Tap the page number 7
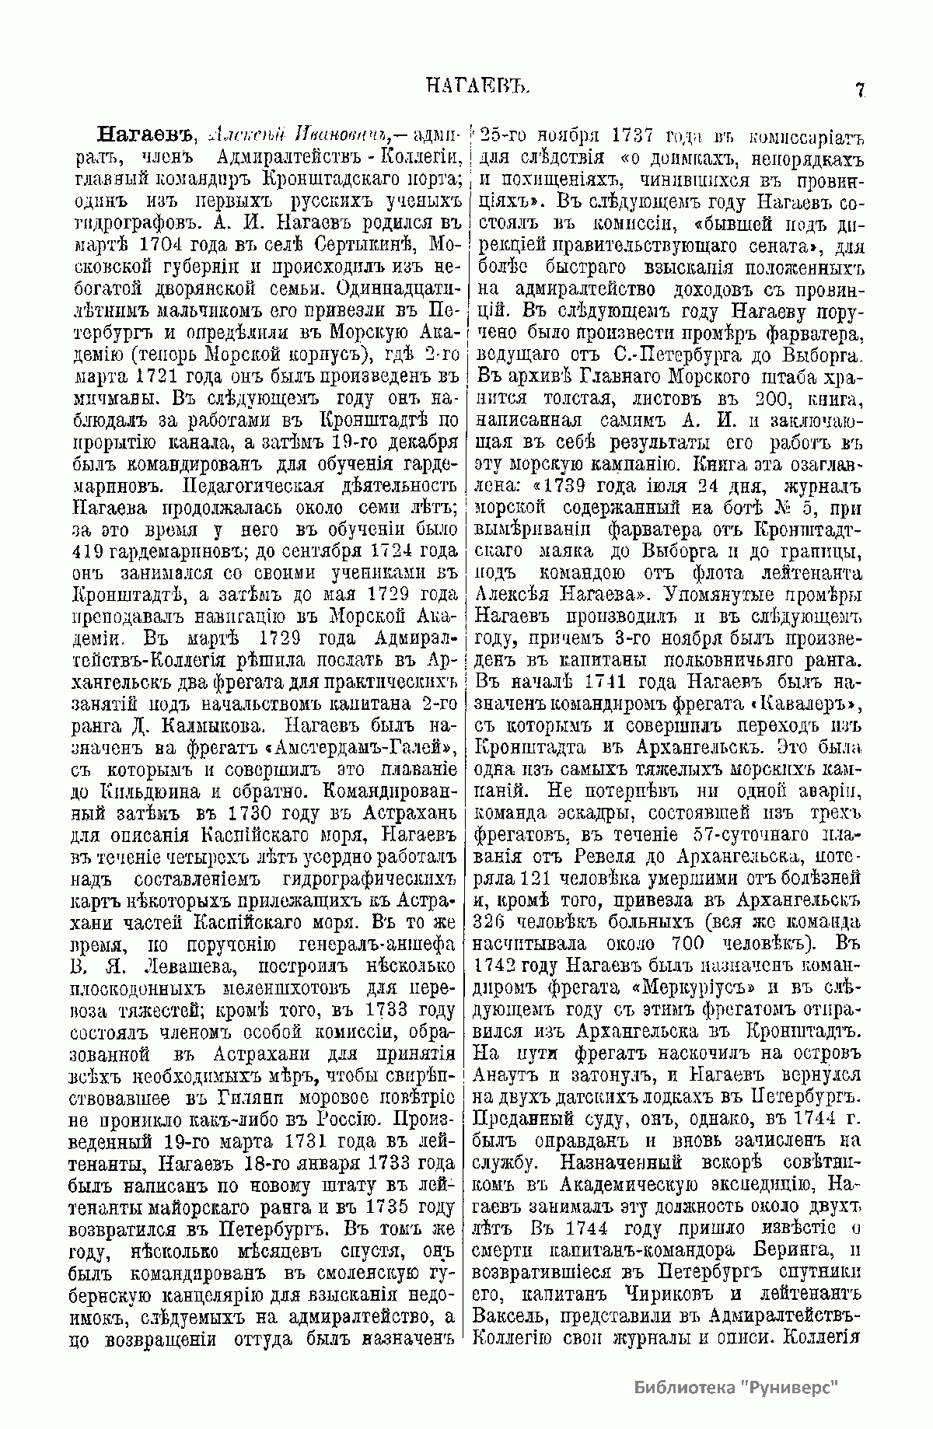(x=860, y=89)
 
